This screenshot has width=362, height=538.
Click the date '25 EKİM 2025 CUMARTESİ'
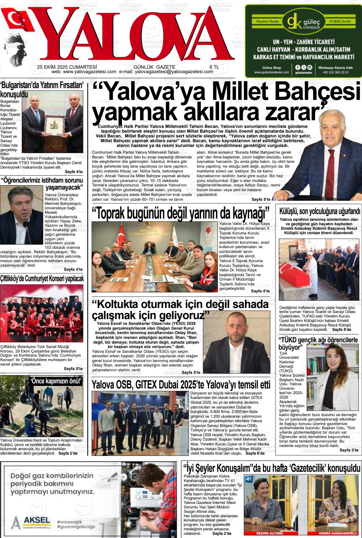[x=67, y=67]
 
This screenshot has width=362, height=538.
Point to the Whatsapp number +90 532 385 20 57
[x=335, y=72]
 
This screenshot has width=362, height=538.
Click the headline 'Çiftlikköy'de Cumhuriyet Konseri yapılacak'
[x=42, y=279]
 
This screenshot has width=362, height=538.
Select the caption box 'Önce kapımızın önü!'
[x=56, y=381]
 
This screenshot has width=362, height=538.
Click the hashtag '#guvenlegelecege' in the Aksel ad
[x=76, y=527]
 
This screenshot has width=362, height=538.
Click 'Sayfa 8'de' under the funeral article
[x=341, y=330]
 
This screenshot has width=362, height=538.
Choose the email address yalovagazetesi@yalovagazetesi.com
[x=174, y=72]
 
